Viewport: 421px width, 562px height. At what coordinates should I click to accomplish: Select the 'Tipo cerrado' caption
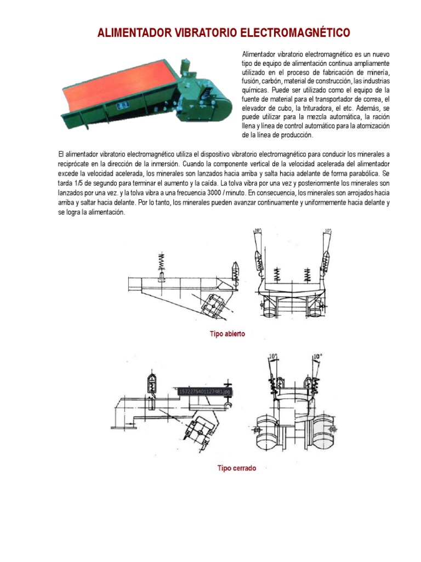[x=236, y=468]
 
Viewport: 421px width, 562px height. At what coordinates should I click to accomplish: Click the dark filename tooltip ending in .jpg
[x=206, y=391]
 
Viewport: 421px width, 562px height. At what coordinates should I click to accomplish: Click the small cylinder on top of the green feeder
[x=185, y=62]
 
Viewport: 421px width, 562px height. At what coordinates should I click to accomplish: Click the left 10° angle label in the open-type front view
[x=258, y=231]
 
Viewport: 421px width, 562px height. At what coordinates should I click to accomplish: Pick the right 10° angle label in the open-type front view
[x=328, y=231]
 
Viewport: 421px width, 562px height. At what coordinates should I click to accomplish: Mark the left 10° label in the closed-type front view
[x=274, y=357]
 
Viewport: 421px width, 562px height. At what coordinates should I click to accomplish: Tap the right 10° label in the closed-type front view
[x=317, y=357]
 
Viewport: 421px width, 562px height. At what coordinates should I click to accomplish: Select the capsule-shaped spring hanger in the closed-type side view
[x=152, y=382]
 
